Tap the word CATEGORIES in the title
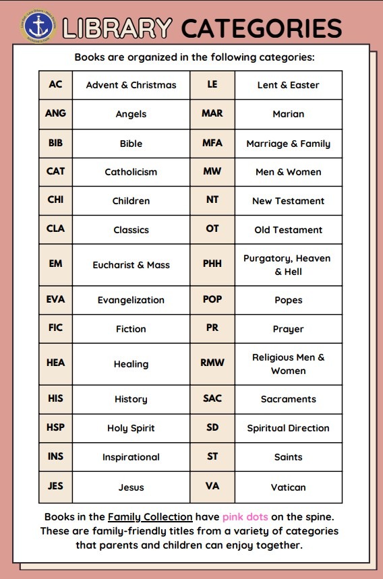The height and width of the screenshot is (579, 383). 262,28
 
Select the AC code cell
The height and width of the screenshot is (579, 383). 55,85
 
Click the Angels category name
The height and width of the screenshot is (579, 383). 131,114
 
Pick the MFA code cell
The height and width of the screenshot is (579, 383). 212,143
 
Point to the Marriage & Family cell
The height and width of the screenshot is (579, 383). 288,144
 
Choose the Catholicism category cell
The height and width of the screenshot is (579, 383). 131,172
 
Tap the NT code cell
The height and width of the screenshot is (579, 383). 212,200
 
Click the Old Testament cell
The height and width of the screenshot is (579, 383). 288,230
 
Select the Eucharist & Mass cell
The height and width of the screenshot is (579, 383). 131,265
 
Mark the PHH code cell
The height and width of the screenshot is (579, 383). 212,264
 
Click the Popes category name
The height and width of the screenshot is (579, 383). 288,300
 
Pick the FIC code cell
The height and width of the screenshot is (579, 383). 55,328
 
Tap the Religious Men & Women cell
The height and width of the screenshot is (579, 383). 288,364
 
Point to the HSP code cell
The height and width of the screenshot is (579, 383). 55,428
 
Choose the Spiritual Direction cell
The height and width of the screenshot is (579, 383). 288,428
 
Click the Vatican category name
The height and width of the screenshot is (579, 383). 288,487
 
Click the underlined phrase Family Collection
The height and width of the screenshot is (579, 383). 150,517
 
